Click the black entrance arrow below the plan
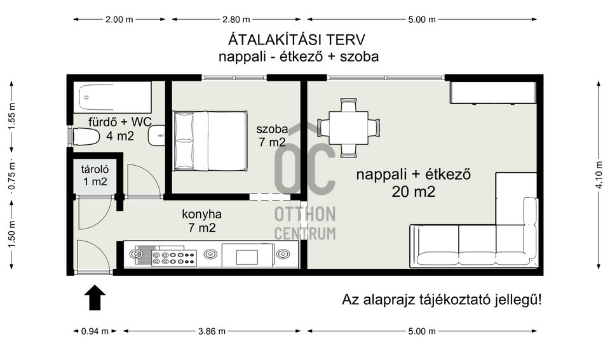[x=95, y=297]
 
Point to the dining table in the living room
[x=348, y=128]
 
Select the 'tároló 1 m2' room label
[x=95, y=175]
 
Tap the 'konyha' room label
[x=201, y=214]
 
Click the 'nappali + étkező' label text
[x=413, y=174]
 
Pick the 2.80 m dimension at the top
[x=236, y=19]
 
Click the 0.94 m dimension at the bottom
[x=95, y=331]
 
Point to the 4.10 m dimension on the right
[x=599, y=175]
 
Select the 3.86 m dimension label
[x=212, y=331]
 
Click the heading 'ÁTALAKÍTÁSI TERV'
[x=297, y=39]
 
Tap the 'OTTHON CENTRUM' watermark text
[x=305, y=223]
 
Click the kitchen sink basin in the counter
[x=247, y=258]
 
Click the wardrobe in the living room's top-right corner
[x=493, y=93]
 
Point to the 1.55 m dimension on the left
[x=11, y=117]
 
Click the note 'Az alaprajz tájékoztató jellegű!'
[x=442, y=300]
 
